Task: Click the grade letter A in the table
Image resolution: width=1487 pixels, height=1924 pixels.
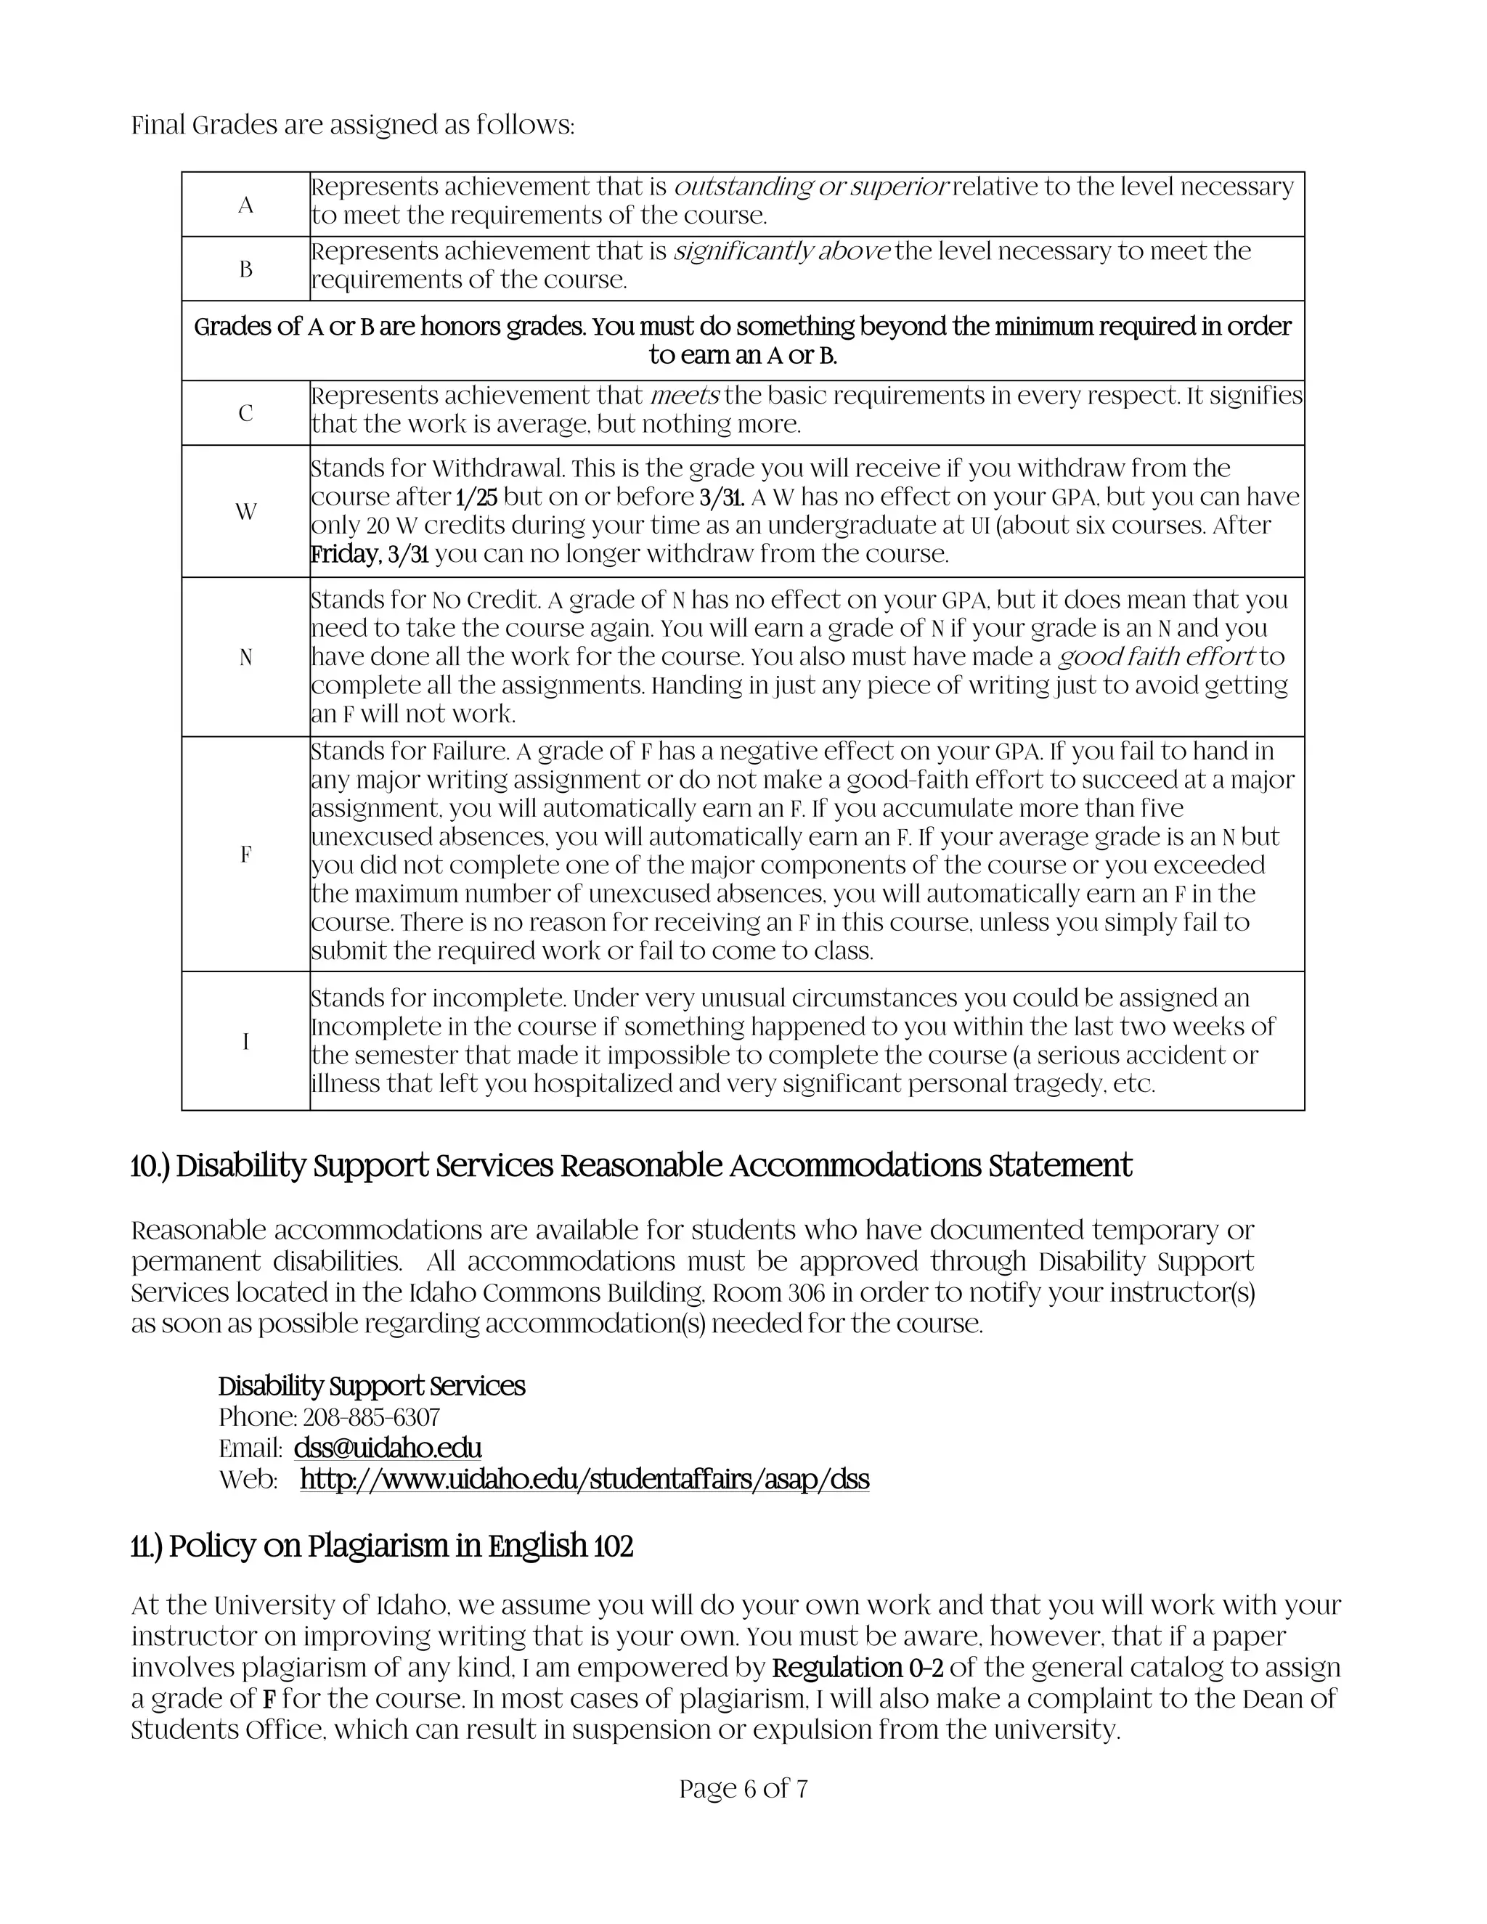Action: (x=246, y=205)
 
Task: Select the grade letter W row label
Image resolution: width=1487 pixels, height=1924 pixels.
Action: (x=246, y=512)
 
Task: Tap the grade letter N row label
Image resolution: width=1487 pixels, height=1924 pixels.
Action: (x=246, y=657)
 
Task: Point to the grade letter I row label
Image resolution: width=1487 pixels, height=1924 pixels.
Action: (x=246, y=1041)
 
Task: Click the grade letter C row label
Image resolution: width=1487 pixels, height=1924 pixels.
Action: (x=246, y=413)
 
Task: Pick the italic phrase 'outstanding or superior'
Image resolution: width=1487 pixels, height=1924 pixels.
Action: (x=810, y=187)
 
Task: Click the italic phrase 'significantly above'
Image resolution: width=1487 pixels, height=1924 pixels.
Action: (x=782, y=251)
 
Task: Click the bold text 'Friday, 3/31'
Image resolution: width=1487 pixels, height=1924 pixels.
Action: (x=370, y=554)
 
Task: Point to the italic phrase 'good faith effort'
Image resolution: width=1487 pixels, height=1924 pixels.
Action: (x=1156, y=656)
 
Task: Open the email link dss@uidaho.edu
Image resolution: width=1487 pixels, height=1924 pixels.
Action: (x=388, y=1448)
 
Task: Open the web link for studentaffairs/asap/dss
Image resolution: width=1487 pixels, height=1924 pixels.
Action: (x=584, y=1478)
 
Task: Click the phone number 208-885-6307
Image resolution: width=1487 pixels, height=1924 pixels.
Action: (x=371, y=1416)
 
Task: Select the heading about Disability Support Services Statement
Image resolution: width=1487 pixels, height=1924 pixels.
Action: (x=631, y=1165)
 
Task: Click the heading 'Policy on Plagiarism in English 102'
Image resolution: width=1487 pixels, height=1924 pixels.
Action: (x=383, y=1545)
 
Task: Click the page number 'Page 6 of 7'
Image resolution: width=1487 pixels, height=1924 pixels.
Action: (x=743, y=1788)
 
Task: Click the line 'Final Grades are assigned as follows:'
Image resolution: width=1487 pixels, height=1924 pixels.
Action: (x=352, y=125)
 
